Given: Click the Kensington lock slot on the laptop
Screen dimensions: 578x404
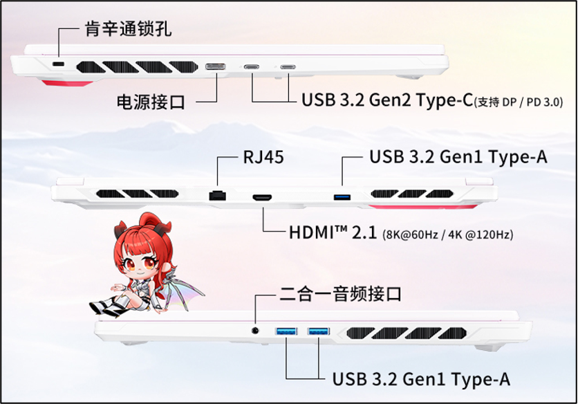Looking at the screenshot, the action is [58, 64].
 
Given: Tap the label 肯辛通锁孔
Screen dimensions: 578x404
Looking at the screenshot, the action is [129, 28].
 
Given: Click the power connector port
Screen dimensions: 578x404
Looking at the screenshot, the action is [216, 67].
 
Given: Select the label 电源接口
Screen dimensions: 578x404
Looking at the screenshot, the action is [151, 102].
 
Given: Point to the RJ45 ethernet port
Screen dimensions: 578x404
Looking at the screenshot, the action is [218, 195].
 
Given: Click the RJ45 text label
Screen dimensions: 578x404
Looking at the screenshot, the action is [263, 157].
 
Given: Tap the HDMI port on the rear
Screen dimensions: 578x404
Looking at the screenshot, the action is [262, 197].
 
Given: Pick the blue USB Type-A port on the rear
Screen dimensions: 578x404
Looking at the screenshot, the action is [342, 196].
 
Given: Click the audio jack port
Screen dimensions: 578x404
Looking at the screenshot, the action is [254, 331].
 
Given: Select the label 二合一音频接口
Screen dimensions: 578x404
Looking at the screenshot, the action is [340, 294].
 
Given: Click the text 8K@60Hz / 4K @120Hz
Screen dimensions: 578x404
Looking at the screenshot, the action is [448, 235].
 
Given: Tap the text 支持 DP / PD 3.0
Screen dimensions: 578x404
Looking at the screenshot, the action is [519, 102].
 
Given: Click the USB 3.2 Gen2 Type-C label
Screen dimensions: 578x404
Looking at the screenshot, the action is [387, 100].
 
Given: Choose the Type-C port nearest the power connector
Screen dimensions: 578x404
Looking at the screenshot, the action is [252, 67].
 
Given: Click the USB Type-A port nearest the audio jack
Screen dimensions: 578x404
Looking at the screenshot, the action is [286, 331].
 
